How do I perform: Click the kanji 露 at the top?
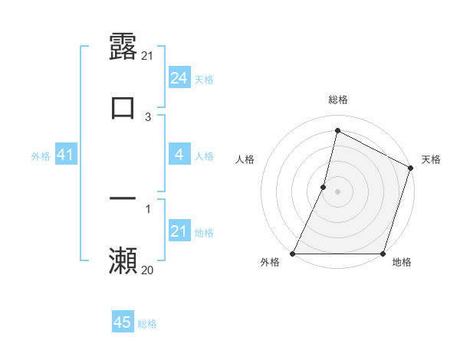(x=123, y=47)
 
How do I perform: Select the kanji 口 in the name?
(x=123, y=107)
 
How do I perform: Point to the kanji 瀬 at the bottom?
(x=123, y=260)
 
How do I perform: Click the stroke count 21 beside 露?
(x=148, y=56)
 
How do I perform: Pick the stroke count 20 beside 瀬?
(x=148, y=270)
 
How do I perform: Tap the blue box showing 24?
(x=179, y=78)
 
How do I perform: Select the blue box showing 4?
(x=179, y=155)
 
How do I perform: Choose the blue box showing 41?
(x=65, y=155)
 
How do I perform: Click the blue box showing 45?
(x=123, y=322)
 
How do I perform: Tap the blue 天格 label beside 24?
(x=203, y=80)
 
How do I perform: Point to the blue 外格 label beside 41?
(x=41, y=156)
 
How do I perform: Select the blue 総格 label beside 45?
(x=147, y=324)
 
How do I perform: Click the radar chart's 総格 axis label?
(x=338, y=100)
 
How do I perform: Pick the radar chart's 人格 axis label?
(x=245, y=159)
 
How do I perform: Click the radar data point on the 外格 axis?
(x=293, y=254)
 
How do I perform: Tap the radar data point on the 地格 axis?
(x=383, y=254)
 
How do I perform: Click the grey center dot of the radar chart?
(x=338, y=191)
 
